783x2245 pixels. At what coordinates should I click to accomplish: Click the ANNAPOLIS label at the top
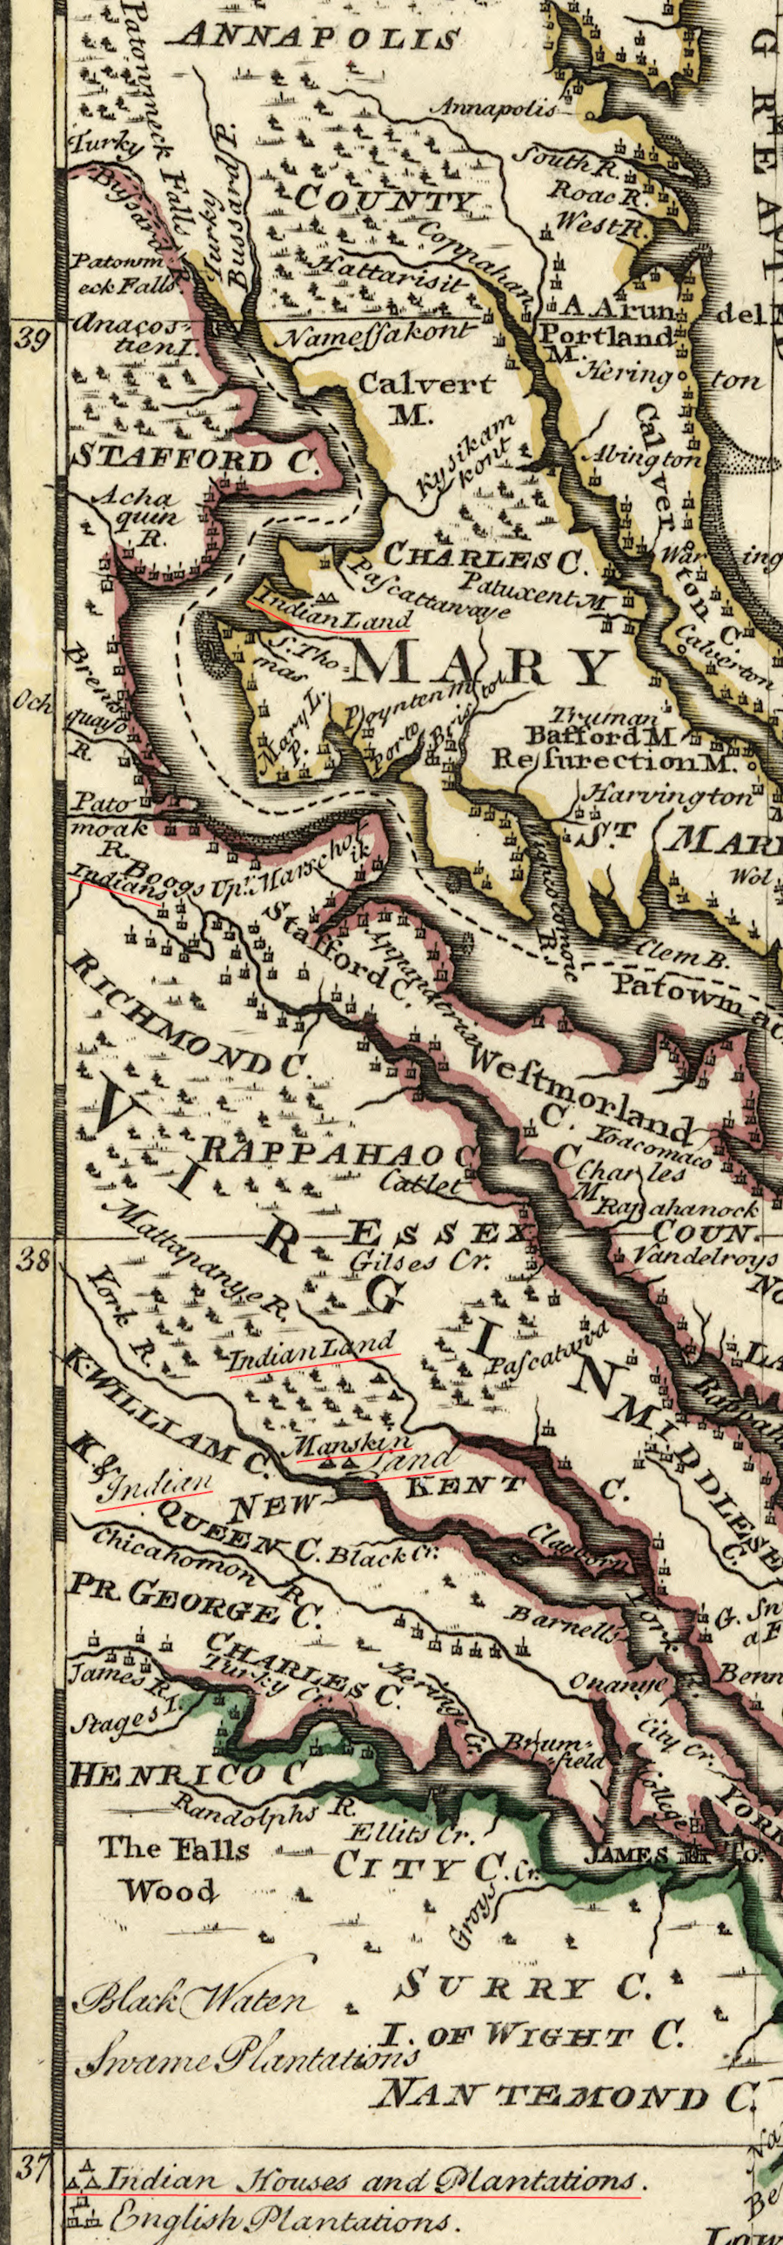point(320,37)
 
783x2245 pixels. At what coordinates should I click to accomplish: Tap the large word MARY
point(482,668)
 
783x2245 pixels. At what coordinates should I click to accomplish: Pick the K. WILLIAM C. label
point(165,1412)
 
